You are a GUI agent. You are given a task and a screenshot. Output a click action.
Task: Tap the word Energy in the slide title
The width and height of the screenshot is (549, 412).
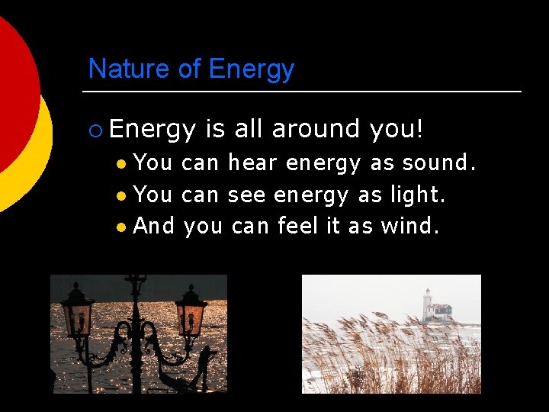[x=251, y=69]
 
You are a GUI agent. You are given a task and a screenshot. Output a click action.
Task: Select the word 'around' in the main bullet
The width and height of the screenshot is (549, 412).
[x=316, y=129]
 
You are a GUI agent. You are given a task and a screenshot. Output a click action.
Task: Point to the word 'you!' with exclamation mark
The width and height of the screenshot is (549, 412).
[x=396, y=129]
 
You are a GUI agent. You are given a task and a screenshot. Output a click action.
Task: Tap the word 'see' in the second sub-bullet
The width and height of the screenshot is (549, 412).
[x=246, y=195]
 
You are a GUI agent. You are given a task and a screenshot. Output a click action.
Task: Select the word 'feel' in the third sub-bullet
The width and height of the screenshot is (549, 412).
[x=300, y=226]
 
